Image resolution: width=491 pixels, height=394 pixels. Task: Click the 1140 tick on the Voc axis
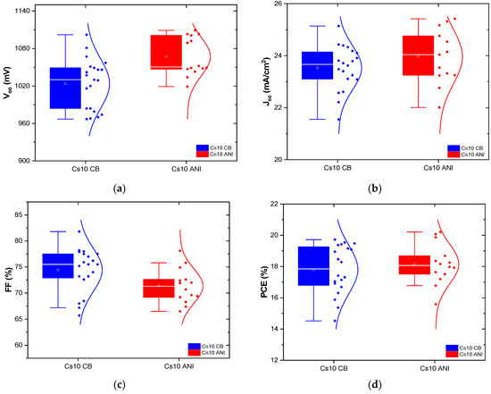coord(25,11)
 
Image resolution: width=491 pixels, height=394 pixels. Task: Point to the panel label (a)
coord(120,189)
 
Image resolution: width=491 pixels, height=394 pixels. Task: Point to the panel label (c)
coord(120,386)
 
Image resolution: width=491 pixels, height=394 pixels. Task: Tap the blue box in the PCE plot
coord(313,265)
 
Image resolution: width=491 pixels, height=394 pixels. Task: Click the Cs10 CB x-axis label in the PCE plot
coord(313,366)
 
